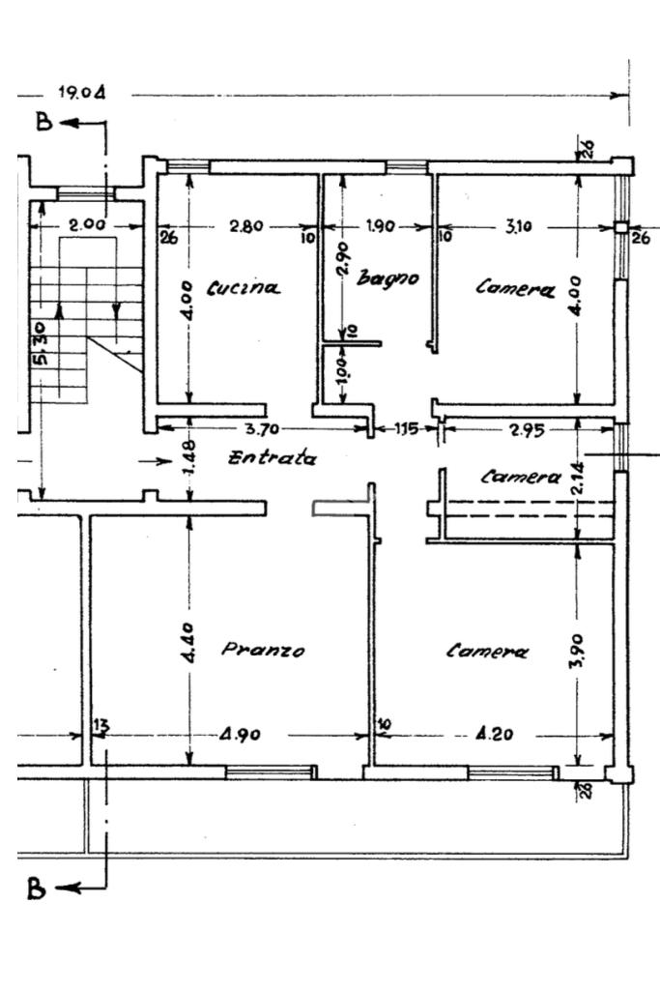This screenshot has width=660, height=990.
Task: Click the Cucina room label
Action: pos(243,288)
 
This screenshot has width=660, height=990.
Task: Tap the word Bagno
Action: pos(387,277)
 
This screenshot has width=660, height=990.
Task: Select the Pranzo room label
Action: pos(263,649)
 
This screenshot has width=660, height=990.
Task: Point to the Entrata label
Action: pos(272,457)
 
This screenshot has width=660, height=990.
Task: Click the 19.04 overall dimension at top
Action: pos(82,93)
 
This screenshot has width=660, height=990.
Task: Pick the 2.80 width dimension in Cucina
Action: pos(246,226)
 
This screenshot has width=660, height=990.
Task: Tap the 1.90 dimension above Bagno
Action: pos(381,226)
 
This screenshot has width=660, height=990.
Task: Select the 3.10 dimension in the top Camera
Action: pos(518,226)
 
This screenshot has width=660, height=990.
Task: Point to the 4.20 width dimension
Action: pos(495,734)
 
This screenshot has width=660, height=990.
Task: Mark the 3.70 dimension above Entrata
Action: pos(262,429)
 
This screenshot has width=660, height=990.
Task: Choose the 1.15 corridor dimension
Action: pos(407,429)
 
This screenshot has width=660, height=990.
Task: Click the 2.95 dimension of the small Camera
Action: pos(527,430)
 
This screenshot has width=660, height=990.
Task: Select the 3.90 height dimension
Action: pos(580,651)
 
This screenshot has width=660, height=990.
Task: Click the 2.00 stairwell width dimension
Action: pos(87,224)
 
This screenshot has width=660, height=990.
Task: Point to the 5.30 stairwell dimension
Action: pos(39,344)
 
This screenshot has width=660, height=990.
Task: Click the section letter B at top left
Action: pos(43,121)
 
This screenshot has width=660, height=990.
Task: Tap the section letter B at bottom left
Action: pos(36,888)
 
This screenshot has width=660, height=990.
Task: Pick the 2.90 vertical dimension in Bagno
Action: pos(344,259)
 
